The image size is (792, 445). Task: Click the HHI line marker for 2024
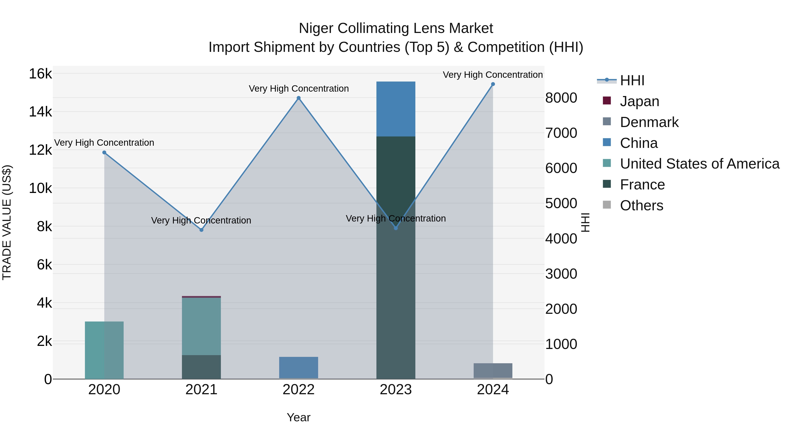[x=493, y=84]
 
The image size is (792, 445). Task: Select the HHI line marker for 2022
[x=299, y=98]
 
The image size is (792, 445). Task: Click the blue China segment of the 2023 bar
[x=396, y=109]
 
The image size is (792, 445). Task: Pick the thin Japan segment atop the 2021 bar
[x=201, y=297]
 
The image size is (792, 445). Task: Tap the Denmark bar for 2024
[x=493, y=370]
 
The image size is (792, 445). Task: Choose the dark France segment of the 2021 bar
[x=201, y=367]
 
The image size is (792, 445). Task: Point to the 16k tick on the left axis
[x=40, y=74]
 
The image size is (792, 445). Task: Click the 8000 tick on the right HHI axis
[x=561, y=98]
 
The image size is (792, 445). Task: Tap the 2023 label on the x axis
[x=396, y=390]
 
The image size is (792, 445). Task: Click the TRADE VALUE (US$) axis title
[x=7, y=222]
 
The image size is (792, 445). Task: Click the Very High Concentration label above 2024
[x=493, y=75]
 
